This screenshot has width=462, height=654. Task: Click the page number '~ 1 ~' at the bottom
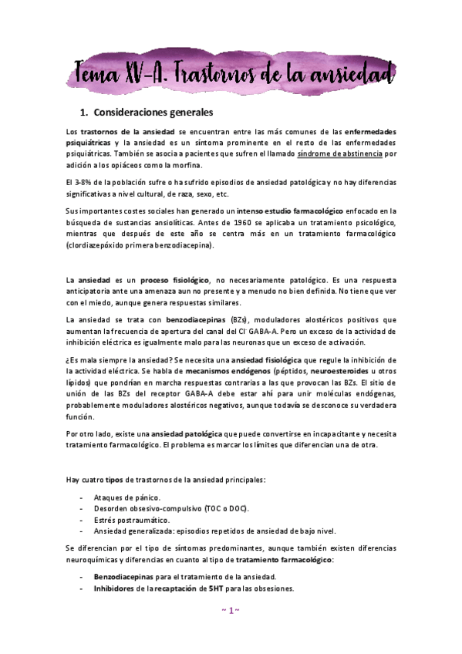(x=230, y=610)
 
